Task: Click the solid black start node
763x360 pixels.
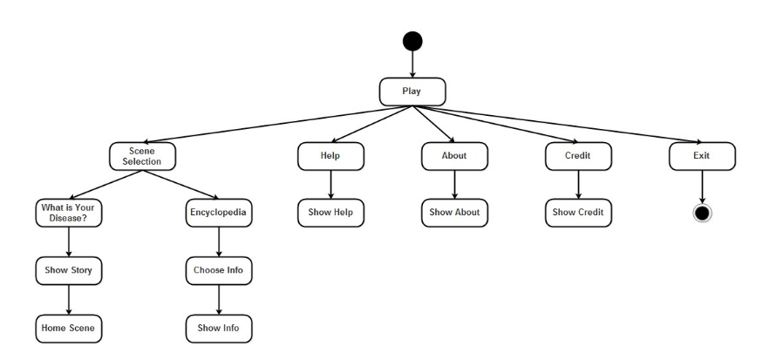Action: click(412, 41)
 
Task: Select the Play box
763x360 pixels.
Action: click(412, 92)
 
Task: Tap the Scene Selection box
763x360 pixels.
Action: click(142, 156)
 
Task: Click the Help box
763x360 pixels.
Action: click(330, 156)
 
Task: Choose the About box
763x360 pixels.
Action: click(454, 156)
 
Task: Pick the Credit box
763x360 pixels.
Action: click(578, 156)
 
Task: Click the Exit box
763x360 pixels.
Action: click(702, 156)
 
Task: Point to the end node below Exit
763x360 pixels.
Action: click(702, 213)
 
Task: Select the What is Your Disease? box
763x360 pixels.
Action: click(69, 213)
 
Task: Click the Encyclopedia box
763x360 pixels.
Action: click(218, 213)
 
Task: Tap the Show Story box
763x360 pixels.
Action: click(69, 270)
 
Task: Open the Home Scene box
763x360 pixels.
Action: click(69, 329)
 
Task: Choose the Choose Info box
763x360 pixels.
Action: click(218, 270)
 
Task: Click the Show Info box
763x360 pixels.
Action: click(218, 329)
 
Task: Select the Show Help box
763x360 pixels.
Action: click(330, 213)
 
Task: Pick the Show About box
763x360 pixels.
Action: click(454, 213)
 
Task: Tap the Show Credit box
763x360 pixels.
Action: click(578, 213)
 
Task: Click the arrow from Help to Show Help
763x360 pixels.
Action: click(330, 184)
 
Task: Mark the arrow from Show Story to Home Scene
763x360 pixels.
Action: click(69, 299)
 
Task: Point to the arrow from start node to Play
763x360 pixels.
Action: click(412, 65)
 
